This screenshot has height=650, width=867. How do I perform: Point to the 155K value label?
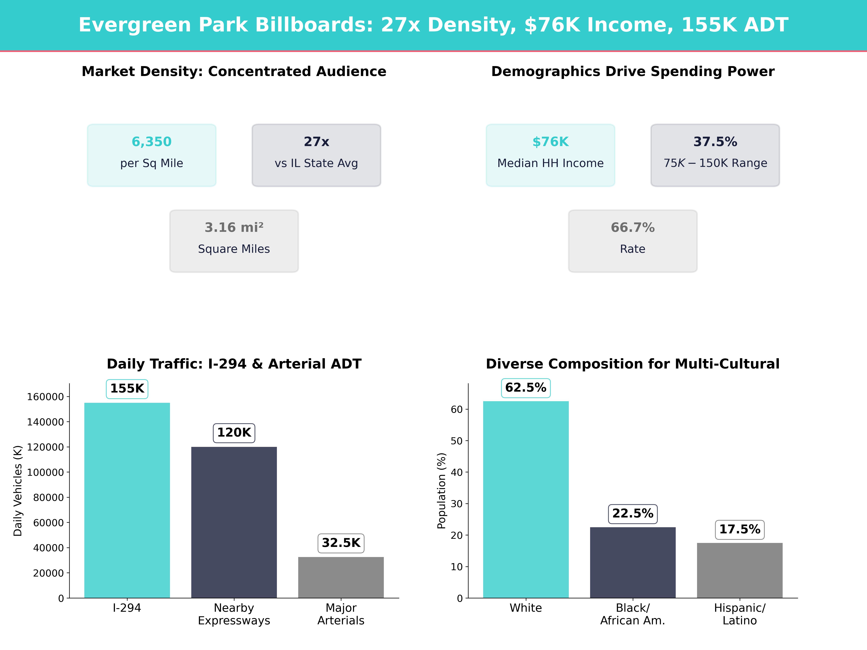pos(127,389)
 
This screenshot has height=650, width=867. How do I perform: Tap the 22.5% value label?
pos(633,514)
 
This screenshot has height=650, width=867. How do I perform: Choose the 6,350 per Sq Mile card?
pos(152,155)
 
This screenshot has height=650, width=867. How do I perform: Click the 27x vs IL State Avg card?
pos(316,155)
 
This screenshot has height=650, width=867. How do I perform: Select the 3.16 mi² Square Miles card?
pos(234,241)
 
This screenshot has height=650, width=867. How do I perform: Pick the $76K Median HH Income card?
pos(550,155)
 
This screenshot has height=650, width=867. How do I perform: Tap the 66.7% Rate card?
pos(633,241)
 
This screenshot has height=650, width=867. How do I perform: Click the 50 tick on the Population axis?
pos(457,441)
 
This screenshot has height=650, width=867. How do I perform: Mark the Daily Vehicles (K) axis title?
pos(18,491)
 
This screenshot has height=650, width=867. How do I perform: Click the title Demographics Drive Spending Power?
pos(633,72)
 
